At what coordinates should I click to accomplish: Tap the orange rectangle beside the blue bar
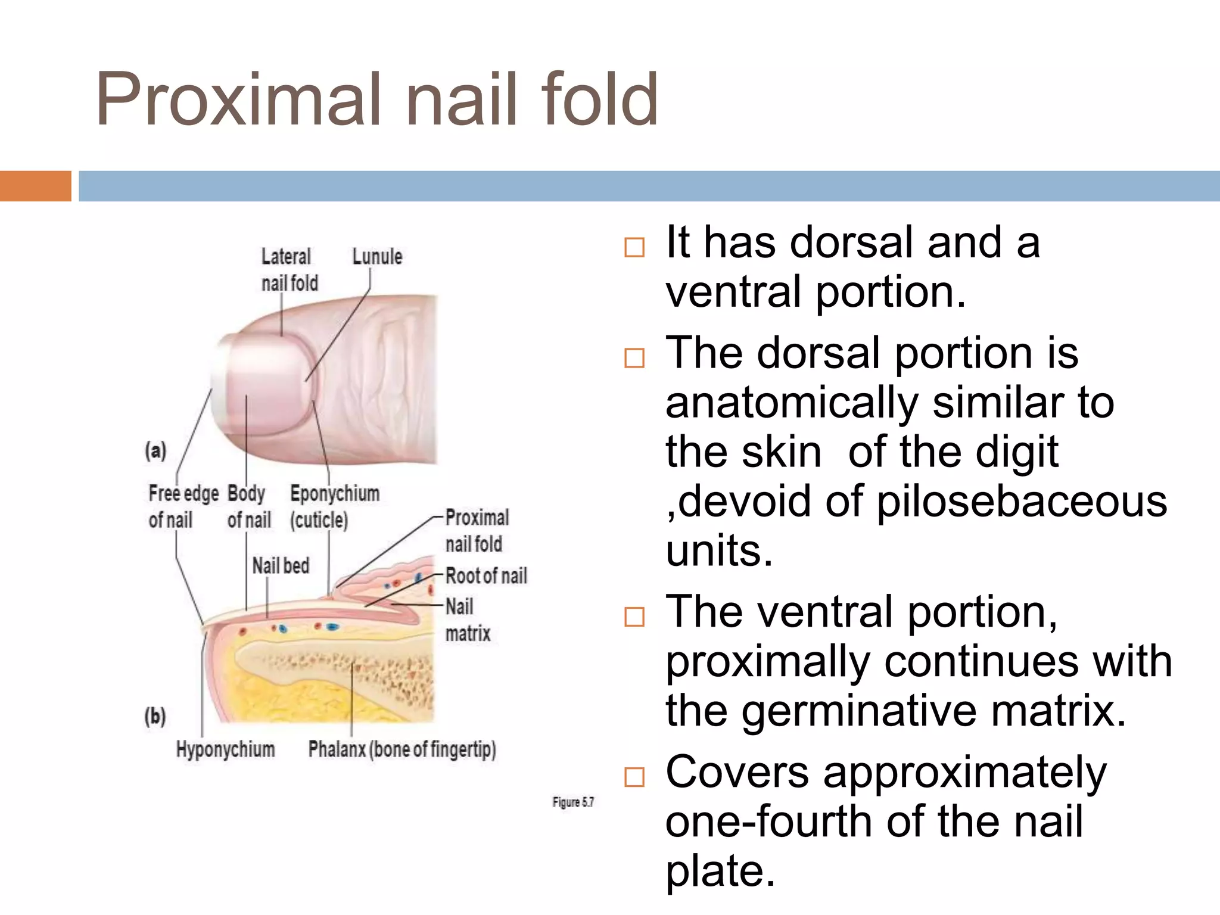35,186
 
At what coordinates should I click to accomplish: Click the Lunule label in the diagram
377,257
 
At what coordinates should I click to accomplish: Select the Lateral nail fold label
290,270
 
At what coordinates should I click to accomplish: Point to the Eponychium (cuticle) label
334,506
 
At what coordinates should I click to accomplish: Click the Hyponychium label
225,749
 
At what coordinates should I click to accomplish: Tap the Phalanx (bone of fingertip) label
402,749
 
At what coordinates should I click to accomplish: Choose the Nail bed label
281,565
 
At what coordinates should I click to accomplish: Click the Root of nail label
486,576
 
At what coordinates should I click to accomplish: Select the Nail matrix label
468,620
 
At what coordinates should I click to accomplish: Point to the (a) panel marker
155,450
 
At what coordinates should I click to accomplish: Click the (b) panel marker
155,715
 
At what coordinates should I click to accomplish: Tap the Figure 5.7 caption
572,802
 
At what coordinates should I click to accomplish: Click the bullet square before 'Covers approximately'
634,777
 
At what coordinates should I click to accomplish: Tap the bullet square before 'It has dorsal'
634,247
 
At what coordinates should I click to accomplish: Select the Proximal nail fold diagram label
477,530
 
